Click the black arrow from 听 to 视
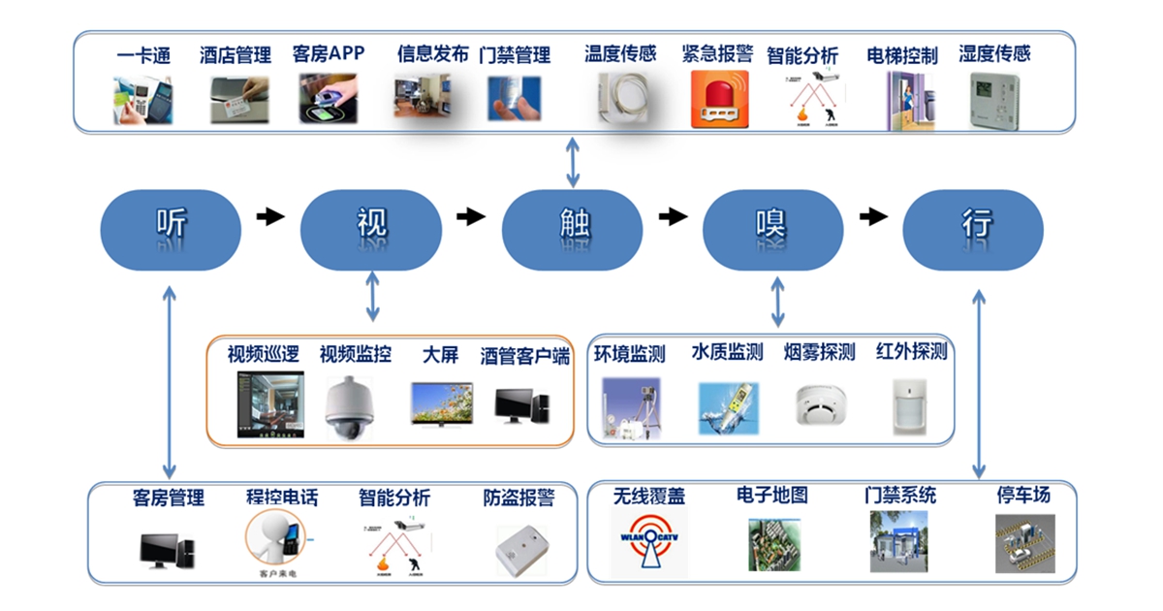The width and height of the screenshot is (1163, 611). tap(270, 216)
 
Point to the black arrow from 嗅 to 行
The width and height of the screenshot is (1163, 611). tap(873, 216)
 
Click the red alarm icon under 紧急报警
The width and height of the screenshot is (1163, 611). tap(720, 98)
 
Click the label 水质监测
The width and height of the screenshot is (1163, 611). tap(727, 352)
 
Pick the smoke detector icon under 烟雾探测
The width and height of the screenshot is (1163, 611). tap(820, 405)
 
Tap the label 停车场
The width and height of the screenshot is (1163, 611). tap(1023, 495)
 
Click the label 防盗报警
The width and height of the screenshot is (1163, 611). tap(519, 498)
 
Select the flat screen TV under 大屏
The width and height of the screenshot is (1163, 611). tap(441, 405)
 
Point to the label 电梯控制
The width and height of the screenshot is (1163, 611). tap(902, 55)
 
